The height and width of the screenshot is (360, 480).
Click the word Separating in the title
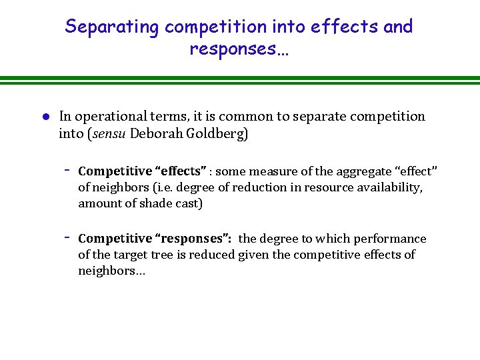click(x=112, y=27)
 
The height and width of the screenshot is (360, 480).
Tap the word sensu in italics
click(x=108, y=133)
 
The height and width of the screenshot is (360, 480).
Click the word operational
click(x=108, y=117)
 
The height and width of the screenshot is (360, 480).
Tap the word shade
click(x=151, y=203)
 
